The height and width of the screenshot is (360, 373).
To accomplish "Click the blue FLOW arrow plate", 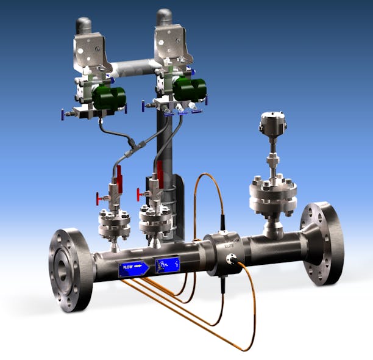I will click(134, 267).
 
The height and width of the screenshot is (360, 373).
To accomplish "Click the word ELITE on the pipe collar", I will click(229, 245).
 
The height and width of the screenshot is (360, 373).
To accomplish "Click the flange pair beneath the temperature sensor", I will click(272, 196).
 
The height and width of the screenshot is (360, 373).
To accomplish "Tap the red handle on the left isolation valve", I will click(119, 175).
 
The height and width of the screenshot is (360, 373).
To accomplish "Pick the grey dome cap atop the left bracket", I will click(84, 25).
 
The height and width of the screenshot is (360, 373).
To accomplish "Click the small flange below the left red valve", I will click(114, 222).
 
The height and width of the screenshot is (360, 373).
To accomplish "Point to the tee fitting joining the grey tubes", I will click(132, 145).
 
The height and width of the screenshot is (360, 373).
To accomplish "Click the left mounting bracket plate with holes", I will click(90, 52).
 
